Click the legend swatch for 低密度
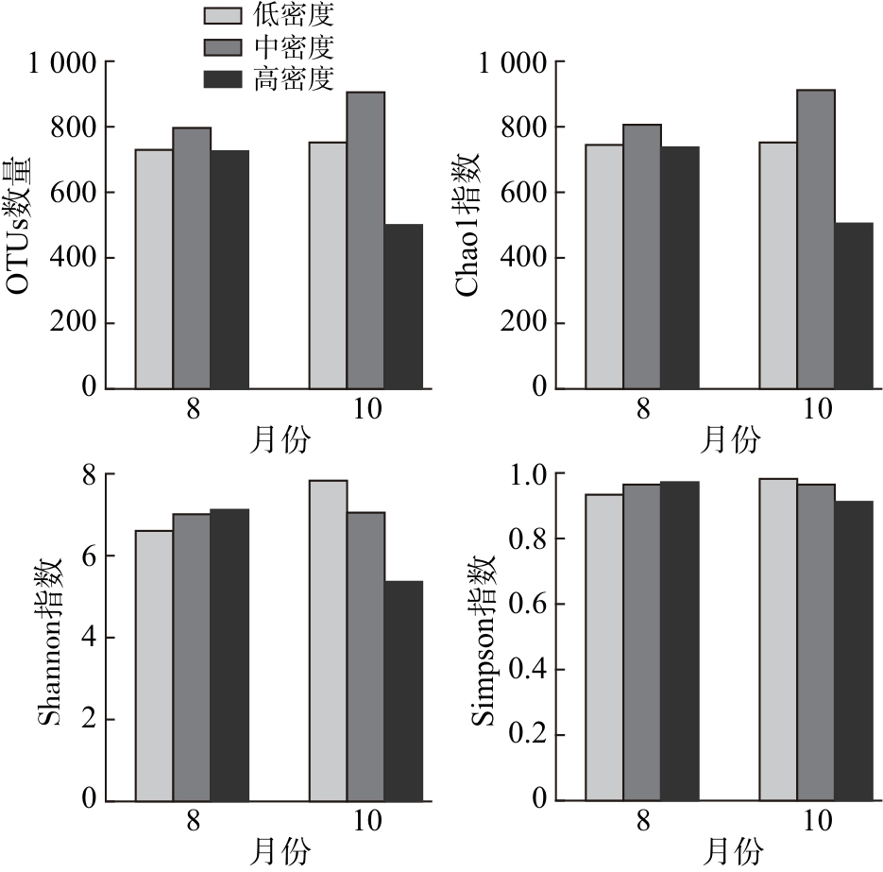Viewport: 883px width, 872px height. click(x=224, y=15)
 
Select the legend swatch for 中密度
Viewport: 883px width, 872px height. click(x=224, y=46)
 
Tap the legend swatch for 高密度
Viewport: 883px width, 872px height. click(x=224, y=78)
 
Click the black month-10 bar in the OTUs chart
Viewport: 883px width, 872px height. click(x=403, y=306)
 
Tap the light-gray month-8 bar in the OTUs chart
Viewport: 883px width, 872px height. click(x=154, y=268)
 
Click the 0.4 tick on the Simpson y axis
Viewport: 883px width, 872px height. click(x=529, y=670)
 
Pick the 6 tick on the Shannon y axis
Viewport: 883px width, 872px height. click(x=90, y=556)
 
